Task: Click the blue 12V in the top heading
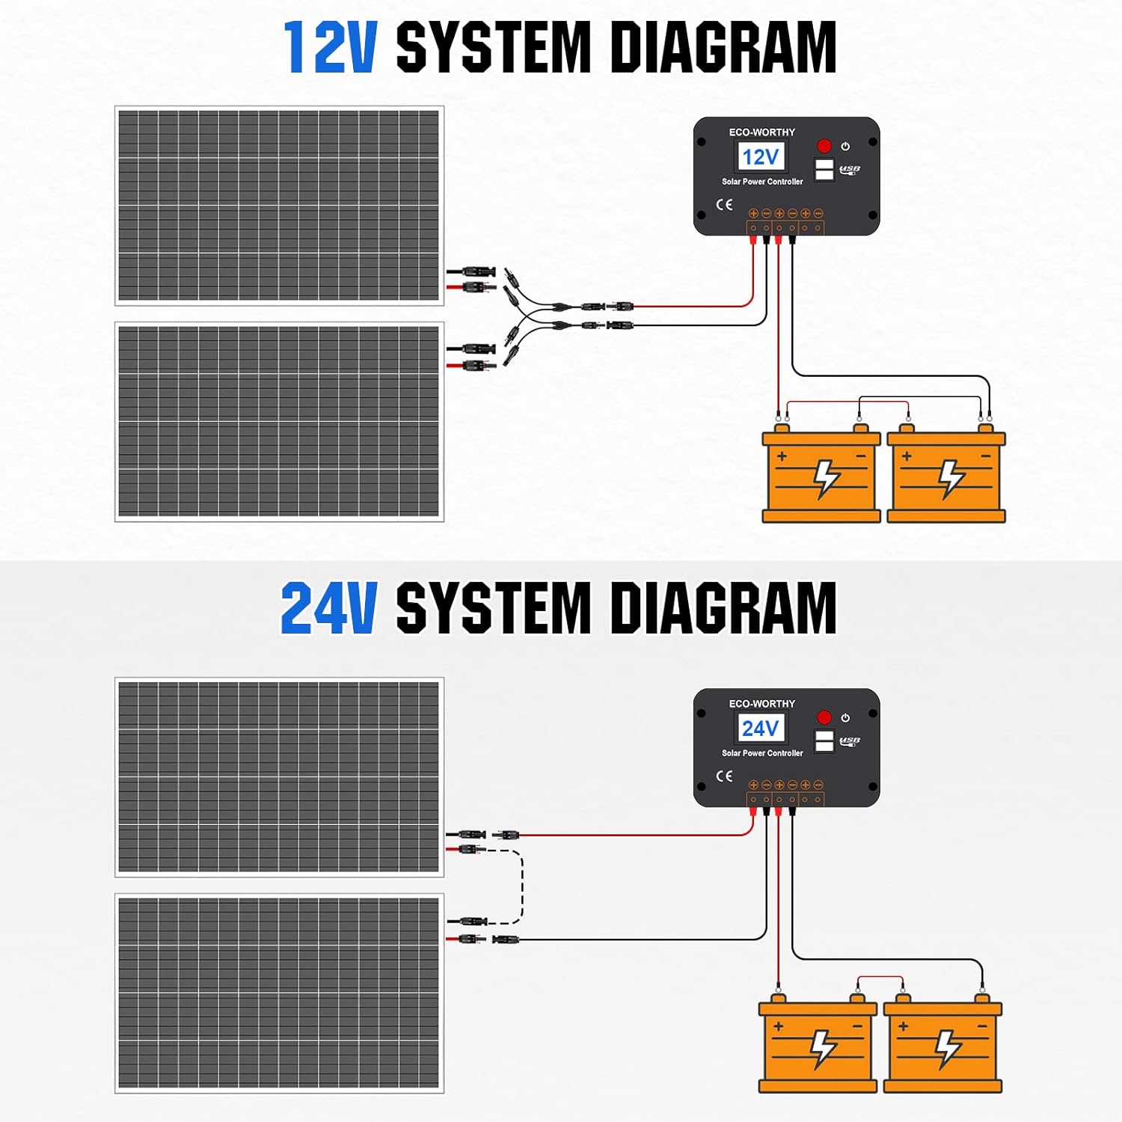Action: pyautogui.click(x=330, y=48)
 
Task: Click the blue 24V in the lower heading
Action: pyautogui.click(x=328, y=609)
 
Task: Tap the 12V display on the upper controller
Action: pyautogui.click(x=761, y=157)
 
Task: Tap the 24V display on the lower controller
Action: pyautogui.click(x=761, y=729)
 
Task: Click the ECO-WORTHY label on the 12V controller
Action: pyautogui.click(x=761, y=132)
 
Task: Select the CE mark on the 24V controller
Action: pyautogui.click(x=724, y=776)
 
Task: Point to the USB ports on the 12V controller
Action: pyautogui.click(x=824, y=169)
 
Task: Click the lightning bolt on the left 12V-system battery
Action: pyautogui.click(x=826, y=478)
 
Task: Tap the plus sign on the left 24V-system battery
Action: pyautogui.click(x=779, y=1026)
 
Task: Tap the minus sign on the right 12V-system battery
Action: pyautogui.click(x=985, y=456)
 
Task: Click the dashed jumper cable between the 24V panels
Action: pyautogui.click(x=521, y=887)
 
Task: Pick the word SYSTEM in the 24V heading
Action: pyautogui.click(x=493, y=609)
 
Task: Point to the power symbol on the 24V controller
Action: pyautogui.click(x=845, y=718)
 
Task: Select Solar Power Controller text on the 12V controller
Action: pyautogui.click(x=761, y=182)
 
